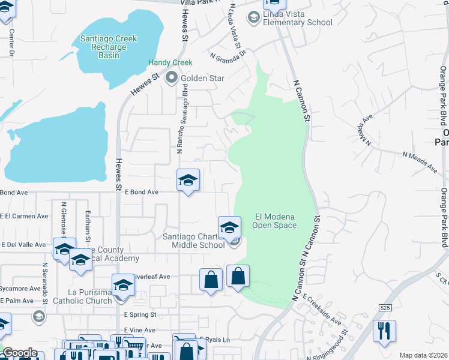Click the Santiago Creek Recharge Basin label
point(109,47)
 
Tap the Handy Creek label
point(170,62)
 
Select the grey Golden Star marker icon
point(172,78)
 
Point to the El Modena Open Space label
point(276,221)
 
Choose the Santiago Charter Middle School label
point(193,240)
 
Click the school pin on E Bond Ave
point(188,180)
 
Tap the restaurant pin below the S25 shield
point(384,331)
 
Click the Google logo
point(20,353)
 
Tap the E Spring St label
point(140,314)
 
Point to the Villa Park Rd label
point(200,3)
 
